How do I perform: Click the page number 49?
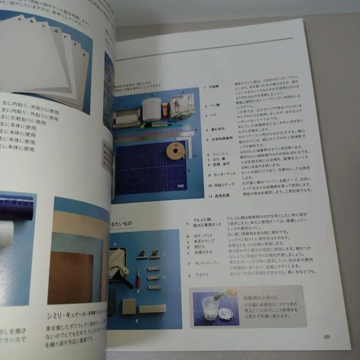tap(326, 337)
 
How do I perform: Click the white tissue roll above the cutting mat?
tap(152, 109)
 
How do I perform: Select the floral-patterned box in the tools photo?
tap(182, 106)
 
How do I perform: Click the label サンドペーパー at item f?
tap(207, 262)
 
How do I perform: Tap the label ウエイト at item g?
tap(202, 275)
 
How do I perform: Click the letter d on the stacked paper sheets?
tap(56, 31)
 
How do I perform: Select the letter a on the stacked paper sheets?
tap(31, 19)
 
